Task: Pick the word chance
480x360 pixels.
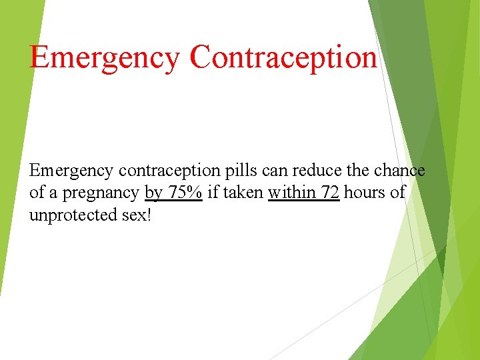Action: [x=399, y=171]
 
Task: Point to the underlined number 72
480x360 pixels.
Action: [x=331, y=193]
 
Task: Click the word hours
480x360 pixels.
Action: [x=364, y=193]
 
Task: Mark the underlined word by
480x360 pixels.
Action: [x=153, y=194]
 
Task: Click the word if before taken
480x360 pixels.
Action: [x=213, y=193]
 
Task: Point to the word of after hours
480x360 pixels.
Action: [x=397, y=193]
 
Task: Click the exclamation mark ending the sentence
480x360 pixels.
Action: [x=149, y=216]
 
